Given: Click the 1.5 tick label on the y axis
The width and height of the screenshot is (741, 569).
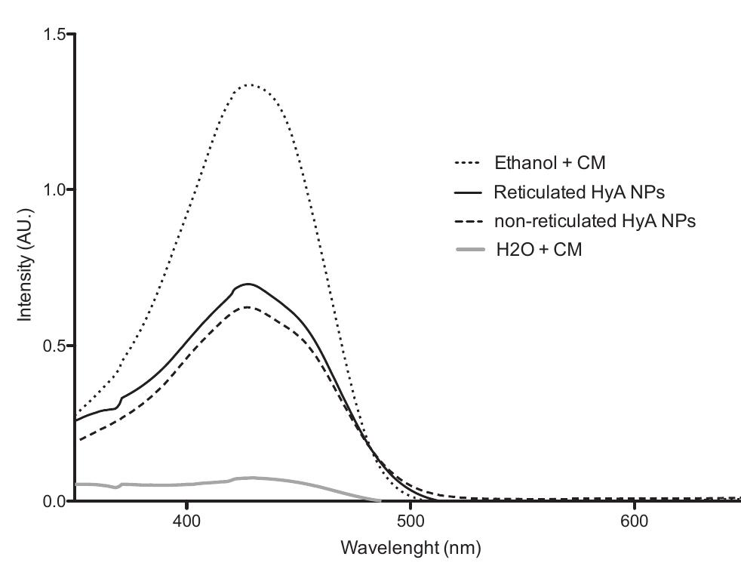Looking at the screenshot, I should coord(54,34).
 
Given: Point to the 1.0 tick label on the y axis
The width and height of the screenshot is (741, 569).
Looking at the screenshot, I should coord(54,189).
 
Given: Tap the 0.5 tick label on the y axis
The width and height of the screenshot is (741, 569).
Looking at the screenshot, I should coord(54,346).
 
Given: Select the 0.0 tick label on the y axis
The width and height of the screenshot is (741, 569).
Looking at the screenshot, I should coord(54,501).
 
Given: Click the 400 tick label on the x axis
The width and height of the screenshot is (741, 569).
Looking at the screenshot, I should coord(186,521).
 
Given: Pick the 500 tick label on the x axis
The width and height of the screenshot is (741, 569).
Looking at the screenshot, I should coord(410,521).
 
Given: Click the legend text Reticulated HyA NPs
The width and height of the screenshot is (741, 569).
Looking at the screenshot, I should coord(579,192).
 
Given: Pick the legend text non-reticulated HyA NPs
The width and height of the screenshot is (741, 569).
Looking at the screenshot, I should coord(594,221).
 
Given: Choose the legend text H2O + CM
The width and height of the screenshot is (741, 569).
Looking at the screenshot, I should coord(538,250).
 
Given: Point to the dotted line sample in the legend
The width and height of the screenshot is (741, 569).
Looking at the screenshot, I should coord(468,162).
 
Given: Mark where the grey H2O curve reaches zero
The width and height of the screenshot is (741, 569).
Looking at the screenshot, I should coord(380,500).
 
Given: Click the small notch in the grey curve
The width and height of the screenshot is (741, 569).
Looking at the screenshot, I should coord(117,487).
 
